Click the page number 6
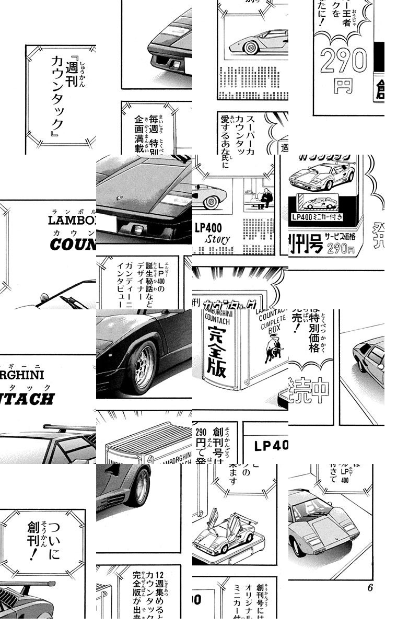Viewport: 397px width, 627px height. (370, 588)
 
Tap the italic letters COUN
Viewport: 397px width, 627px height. (73, 245)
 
